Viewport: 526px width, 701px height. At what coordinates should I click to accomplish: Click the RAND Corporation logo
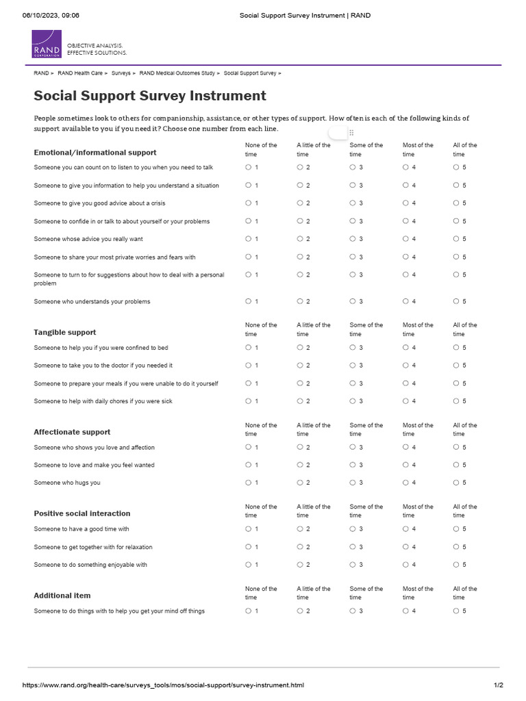[47, 44]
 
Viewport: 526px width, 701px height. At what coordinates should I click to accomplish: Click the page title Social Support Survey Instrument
[150, 96]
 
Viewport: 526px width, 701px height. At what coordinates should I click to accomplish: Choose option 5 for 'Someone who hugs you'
[456, 483]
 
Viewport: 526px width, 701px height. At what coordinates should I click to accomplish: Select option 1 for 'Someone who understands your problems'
[249, 301]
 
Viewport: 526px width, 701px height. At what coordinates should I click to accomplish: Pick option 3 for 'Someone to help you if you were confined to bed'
[353, 348]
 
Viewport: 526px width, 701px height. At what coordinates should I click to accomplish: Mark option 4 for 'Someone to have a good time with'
[405, 529]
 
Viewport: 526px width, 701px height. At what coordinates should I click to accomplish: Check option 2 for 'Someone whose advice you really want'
[300, 239]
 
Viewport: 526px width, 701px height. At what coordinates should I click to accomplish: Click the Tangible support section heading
[65, 333]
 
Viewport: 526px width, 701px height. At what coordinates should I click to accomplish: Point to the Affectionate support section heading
[72, 432]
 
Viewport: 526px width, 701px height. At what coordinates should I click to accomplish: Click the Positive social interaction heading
[82, 513]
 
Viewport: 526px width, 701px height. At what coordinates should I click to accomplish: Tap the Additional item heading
[62, 596]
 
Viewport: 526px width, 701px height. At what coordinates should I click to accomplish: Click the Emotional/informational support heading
[95, 153]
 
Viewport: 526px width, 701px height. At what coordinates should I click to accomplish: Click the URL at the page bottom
[163, 685]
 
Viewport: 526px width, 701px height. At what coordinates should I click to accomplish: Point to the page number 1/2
[499, 685]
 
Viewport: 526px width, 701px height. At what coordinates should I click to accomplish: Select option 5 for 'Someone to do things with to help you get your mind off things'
[456, 611]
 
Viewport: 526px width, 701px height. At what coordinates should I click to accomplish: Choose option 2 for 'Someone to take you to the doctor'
[300, 366]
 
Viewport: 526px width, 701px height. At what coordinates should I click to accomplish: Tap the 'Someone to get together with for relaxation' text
[93, 547]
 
